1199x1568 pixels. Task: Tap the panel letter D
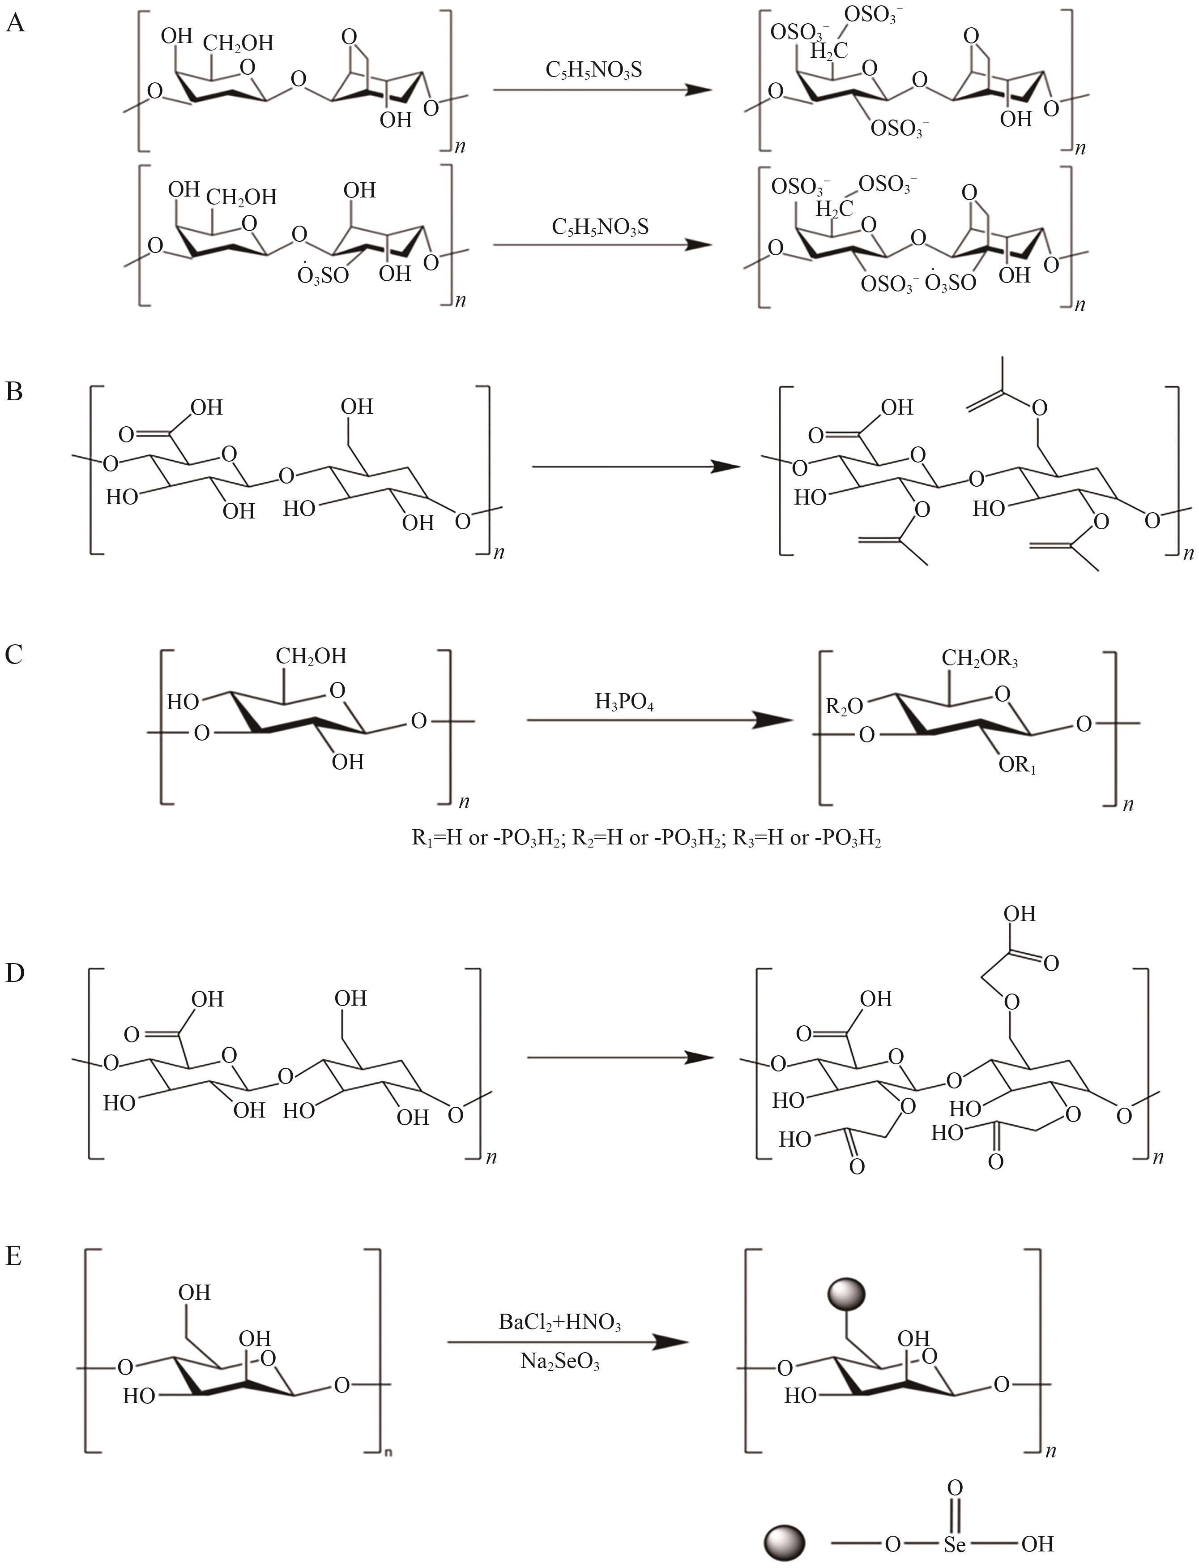tap(15, 973)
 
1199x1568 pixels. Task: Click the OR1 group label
tap(1017, 766)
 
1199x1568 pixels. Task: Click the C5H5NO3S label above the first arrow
tap(594, 69)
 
